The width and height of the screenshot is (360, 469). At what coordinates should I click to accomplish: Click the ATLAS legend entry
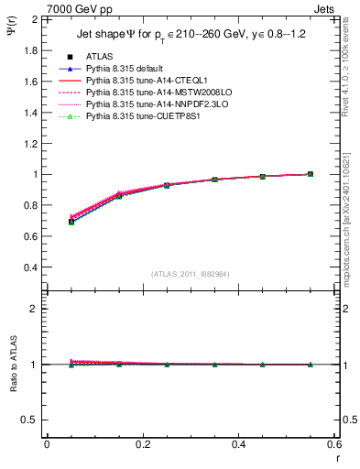pos(99,57)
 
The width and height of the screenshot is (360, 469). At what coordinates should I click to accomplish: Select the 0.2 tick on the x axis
pos(142,444)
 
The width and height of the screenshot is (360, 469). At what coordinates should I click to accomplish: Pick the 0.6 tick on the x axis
pos(333,444)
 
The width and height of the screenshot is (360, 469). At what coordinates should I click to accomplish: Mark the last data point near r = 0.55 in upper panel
pos(310,174)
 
